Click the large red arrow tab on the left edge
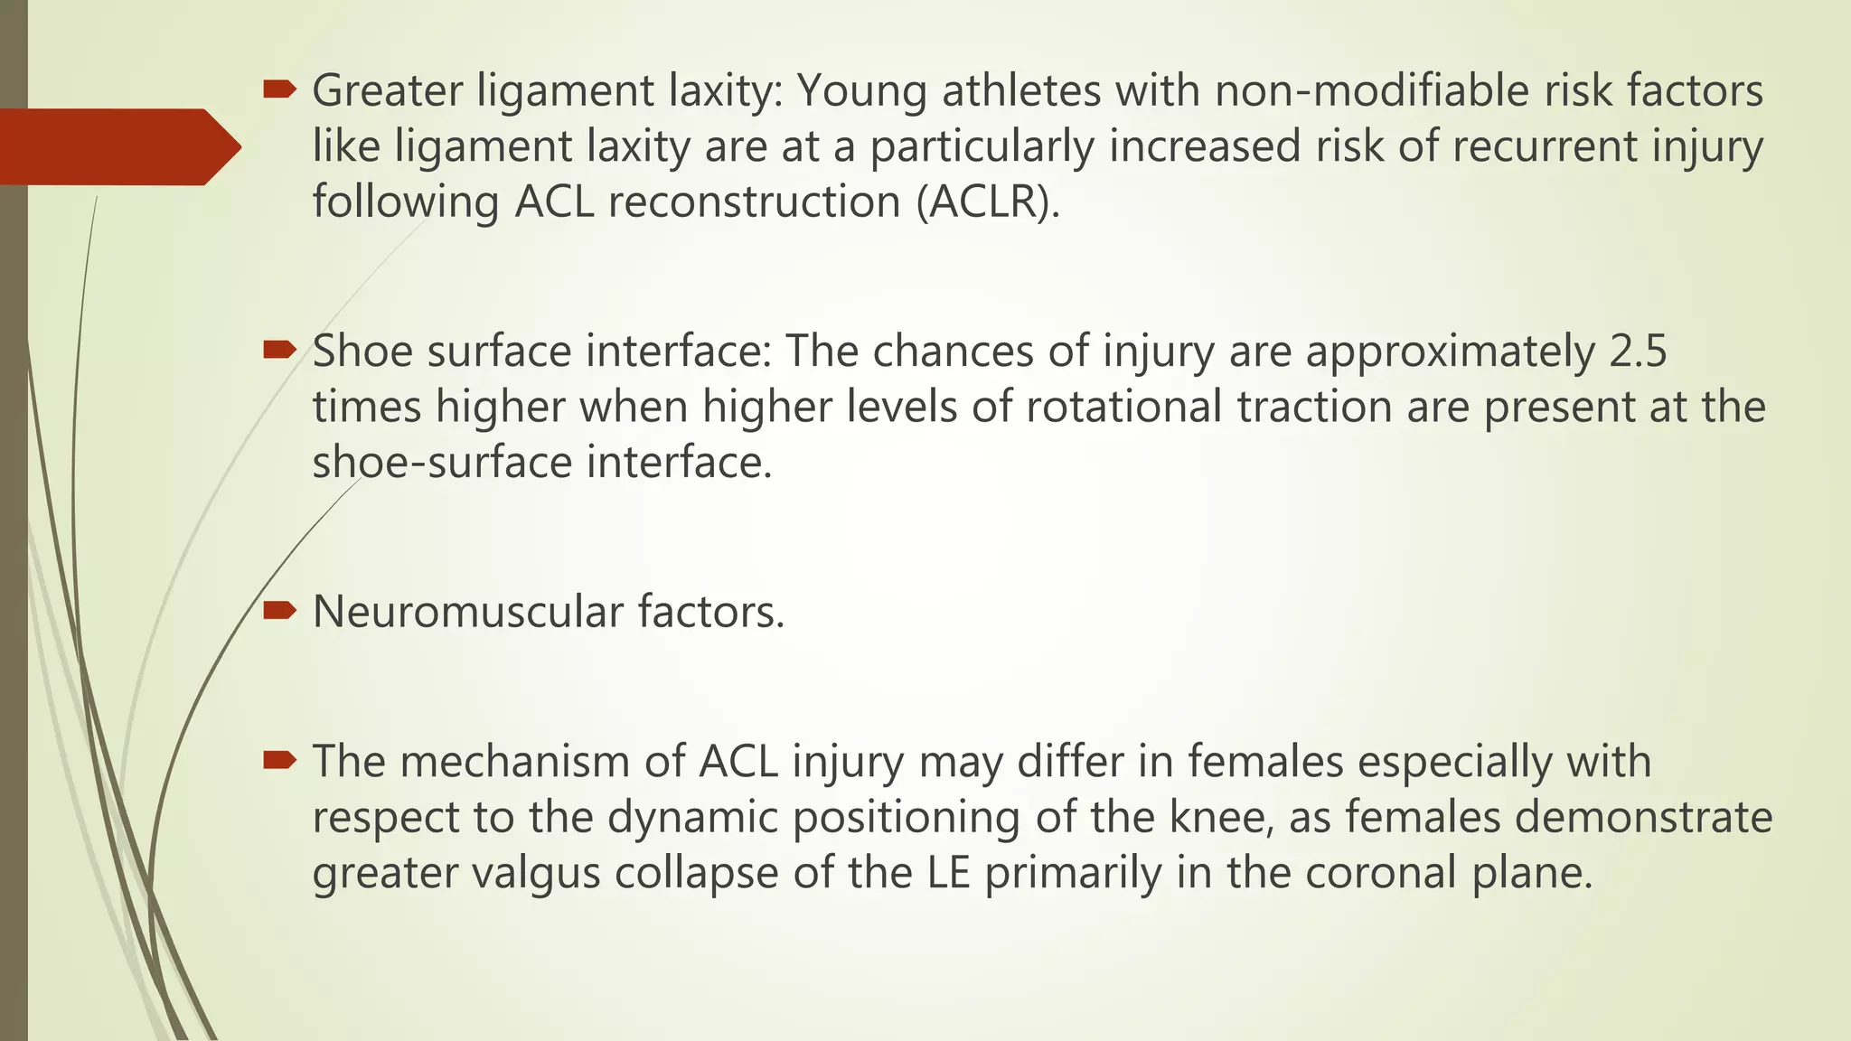coord(117,146)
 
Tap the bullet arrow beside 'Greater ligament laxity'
coord(280,89)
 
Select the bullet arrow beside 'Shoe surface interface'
coord(280,349)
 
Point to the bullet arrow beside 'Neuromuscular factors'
coord(280,611)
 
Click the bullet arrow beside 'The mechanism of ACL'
coord(280,761)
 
